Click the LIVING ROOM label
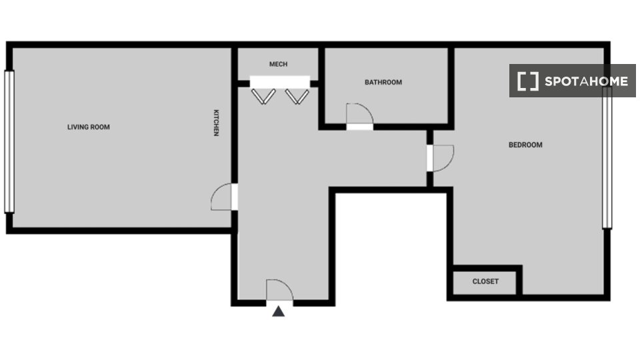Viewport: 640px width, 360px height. pos(89,127)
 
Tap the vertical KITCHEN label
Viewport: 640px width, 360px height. pos(216,123)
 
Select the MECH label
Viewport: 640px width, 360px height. pos(279,64)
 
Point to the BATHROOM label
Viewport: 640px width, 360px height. pos(383,82)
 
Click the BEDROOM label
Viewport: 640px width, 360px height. pos(525,145)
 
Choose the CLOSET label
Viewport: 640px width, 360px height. pos(485,281)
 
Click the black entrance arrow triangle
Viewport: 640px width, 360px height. pos(279,311)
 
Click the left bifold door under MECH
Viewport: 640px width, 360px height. pos(263,97)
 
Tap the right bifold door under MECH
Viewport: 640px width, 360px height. pos(297,97)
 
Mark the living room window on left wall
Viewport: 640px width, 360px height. pos(9,141)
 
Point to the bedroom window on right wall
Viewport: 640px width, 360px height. pos(607,157)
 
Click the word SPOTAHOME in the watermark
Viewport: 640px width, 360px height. pos(586,81)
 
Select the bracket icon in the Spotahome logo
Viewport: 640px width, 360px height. pos(528,81)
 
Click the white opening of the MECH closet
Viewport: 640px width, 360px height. pos(280,82)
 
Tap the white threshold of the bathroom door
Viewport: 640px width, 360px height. pos(359,127)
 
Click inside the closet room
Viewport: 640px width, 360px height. pos(485,283)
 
